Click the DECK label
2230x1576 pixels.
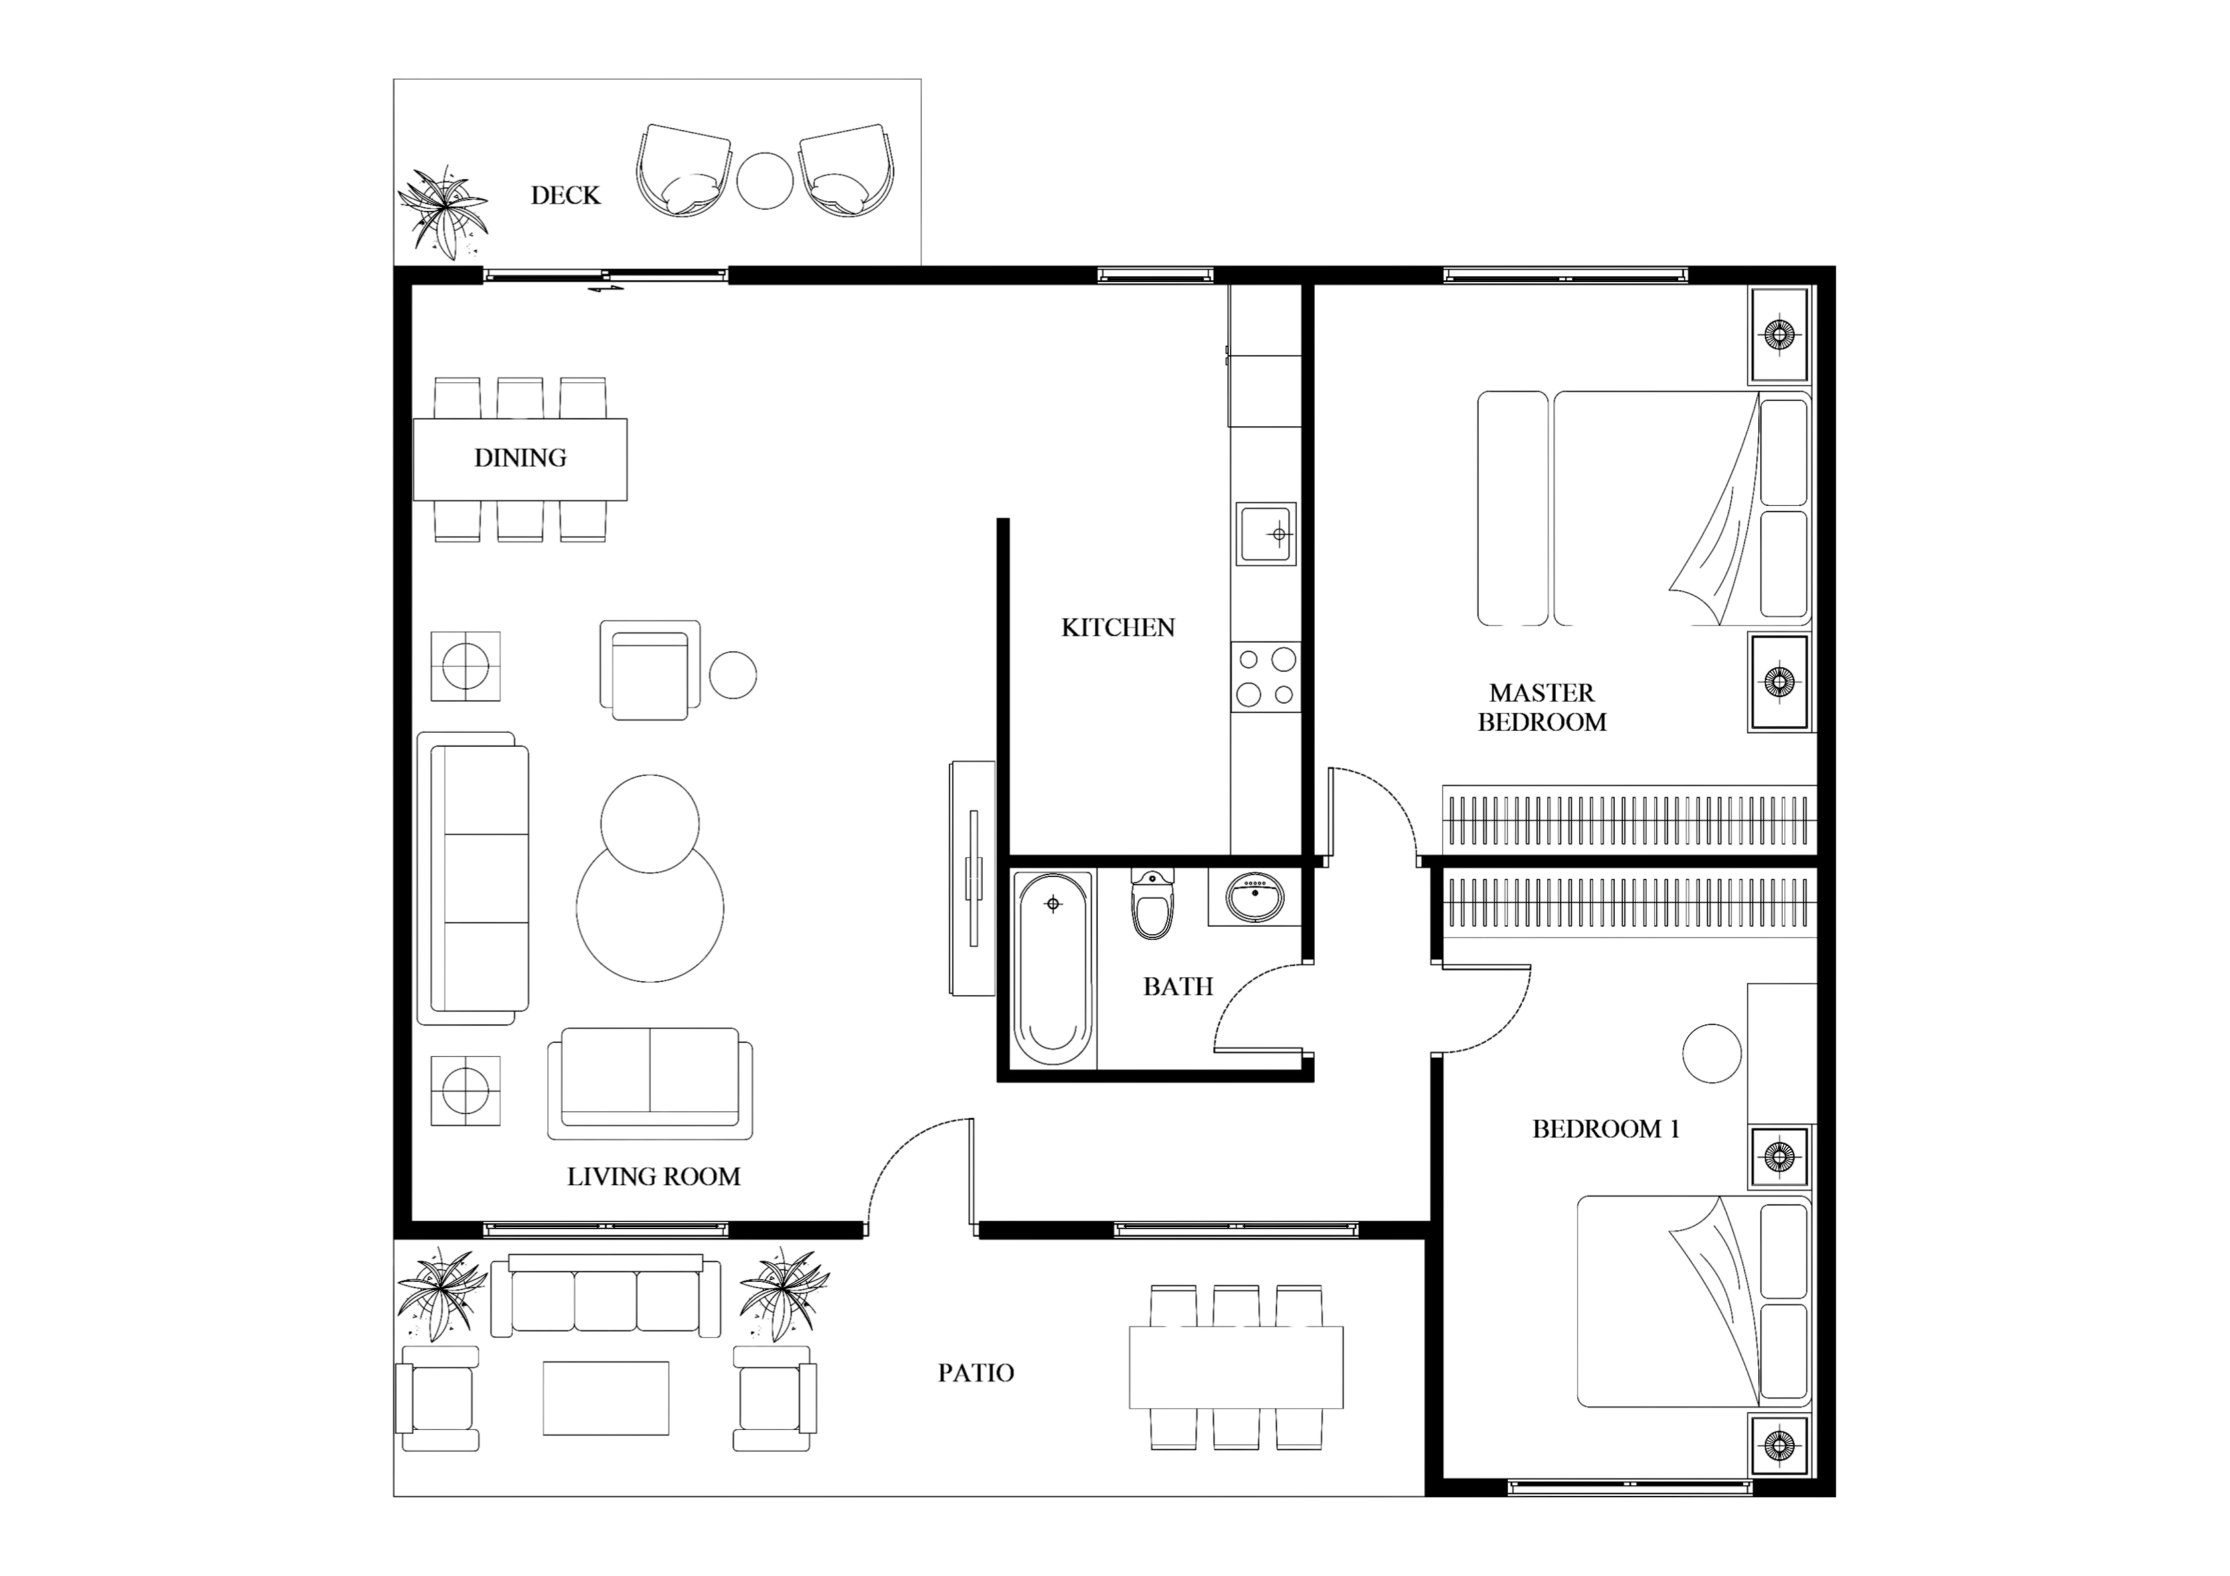click(565, 196)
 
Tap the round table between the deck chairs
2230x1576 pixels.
click(765, 180)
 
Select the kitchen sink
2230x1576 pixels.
click(1266, 534)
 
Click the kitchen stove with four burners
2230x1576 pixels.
click(1266, 677)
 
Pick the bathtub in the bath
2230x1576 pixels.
click(1053, 968)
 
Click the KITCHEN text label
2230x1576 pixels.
click(1118, 628)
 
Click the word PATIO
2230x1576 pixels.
click(976, 1373)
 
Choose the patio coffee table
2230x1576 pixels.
click(606, 1398)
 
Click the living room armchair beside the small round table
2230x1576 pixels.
click(650, 670)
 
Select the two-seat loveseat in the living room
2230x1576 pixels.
click(650, 1083)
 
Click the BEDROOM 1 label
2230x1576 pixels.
click(1606, 1129)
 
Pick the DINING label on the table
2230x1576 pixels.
click(519, 458)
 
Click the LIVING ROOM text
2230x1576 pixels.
click(653, 1177)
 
